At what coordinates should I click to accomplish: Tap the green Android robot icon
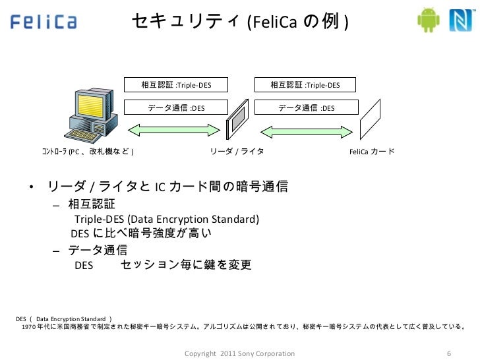tap(429, 21)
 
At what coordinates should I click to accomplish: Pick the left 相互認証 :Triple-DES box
tap(176, 85)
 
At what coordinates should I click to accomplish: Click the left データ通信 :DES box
tap(176, 107)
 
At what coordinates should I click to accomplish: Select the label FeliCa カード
tap(372, 152)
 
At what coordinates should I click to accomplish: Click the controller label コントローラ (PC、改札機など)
tap(87, 152)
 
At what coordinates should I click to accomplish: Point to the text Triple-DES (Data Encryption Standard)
tap(167, 219)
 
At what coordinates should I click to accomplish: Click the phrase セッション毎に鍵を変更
tap(186, 266)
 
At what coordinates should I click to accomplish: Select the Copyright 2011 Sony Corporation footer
tap(240, 353)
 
